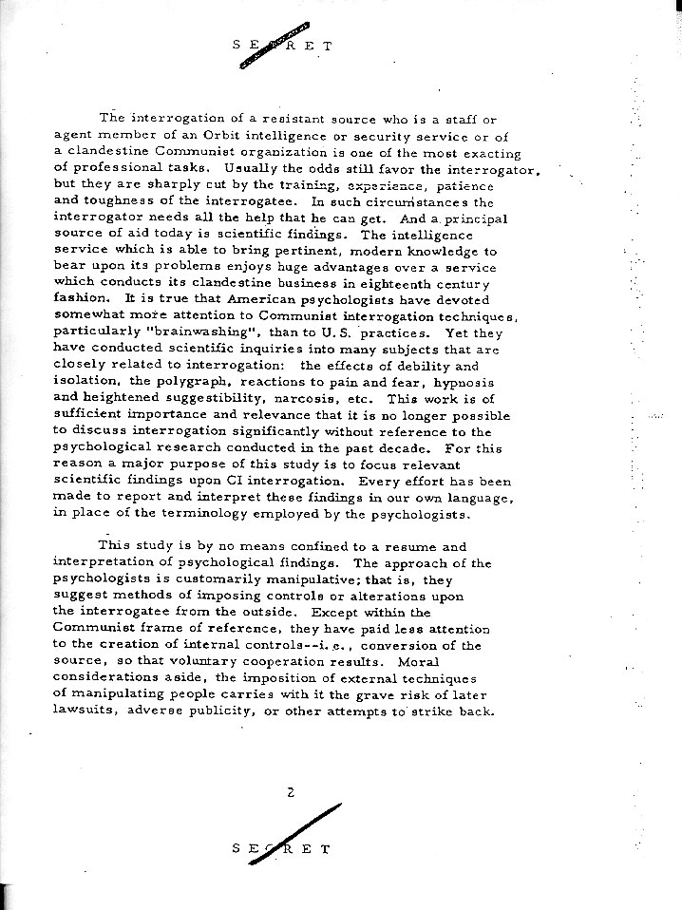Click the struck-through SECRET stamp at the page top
pos(282,44)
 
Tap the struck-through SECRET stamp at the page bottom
pos(282,848)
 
